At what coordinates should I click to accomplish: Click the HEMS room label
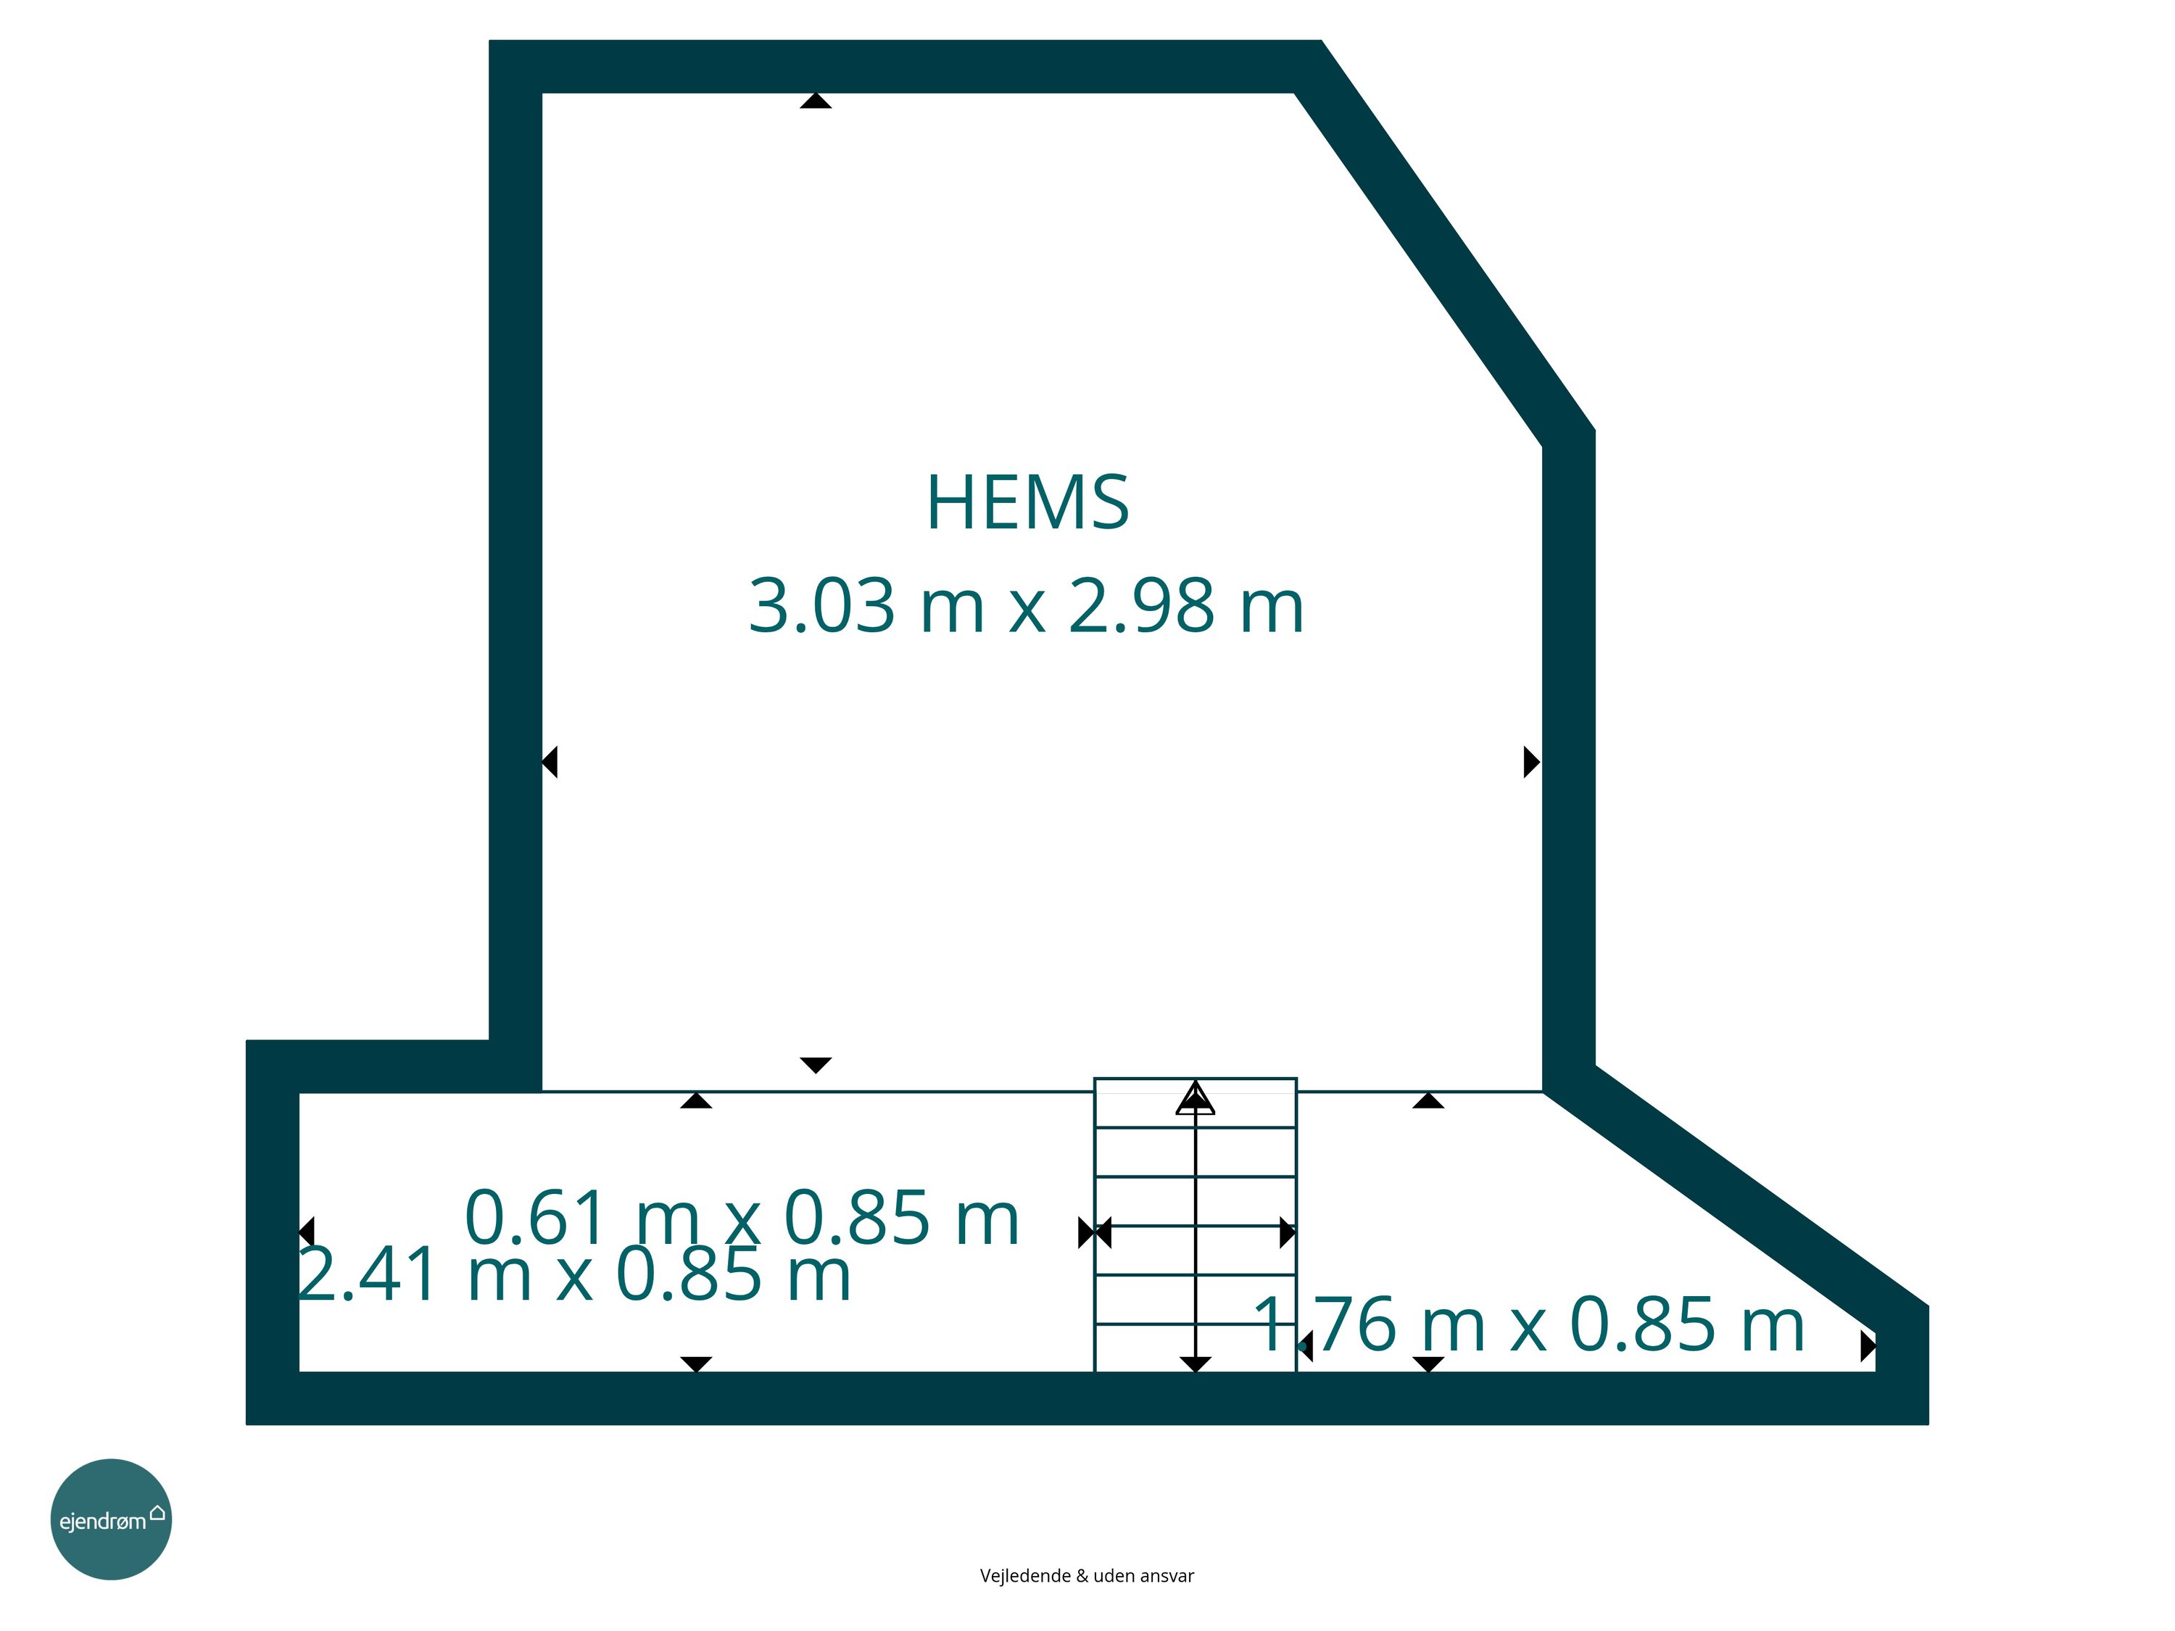1027,502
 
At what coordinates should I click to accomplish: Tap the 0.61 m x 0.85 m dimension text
742,1217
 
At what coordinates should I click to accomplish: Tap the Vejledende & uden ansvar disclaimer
1087,1576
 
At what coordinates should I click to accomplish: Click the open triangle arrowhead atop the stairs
1196,1098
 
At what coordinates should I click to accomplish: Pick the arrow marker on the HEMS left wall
550,762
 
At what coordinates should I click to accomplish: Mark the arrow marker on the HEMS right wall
1532,762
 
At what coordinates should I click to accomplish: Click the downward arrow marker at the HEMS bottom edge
815,1066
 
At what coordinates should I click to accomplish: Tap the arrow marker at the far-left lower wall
306,1232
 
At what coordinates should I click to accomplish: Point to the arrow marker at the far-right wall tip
1868,1347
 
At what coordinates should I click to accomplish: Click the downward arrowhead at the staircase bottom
1196,1364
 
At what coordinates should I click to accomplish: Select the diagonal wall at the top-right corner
1443,243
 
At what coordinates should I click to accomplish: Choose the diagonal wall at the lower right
1736,1200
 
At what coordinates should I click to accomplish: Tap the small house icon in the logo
157,1512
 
